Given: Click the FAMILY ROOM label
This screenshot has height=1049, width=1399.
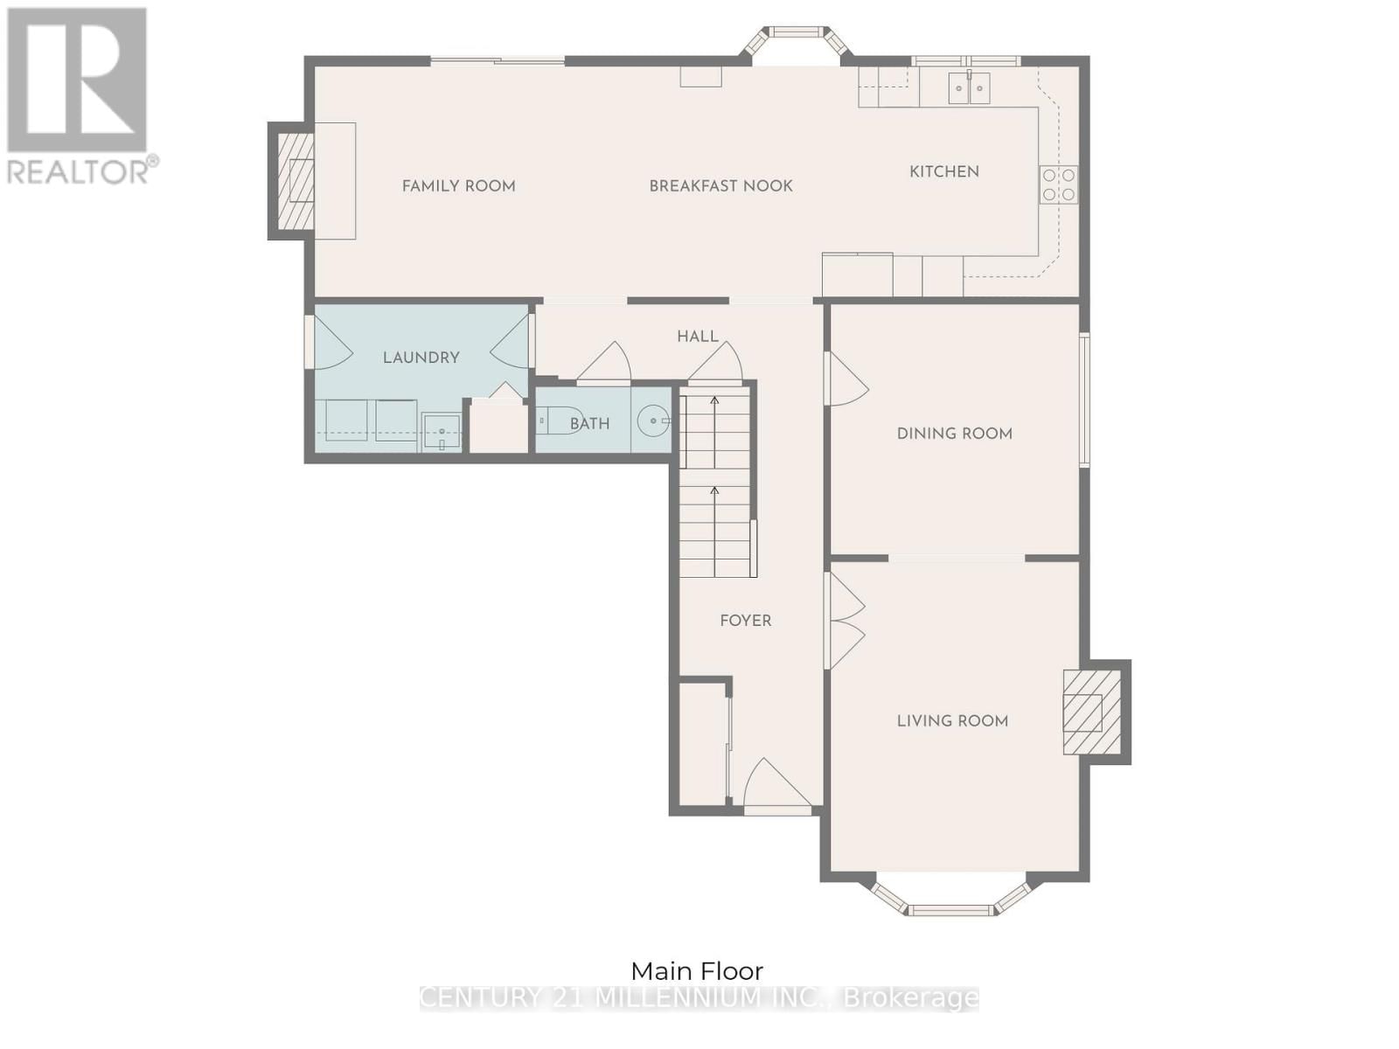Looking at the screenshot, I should coord(458,185).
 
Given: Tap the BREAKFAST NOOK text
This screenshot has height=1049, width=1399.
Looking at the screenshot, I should coord(720,185).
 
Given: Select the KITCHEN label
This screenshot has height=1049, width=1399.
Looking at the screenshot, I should coord(943,171).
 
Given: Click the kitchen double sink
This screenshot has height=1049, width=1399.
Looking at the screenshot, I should coord(969,88).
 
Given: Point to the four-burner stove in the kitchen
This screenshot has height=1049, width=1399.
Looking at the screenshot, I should coord(1058,184).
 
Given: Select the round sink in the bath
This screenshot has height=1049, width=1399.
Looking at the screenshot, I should coord(652,421).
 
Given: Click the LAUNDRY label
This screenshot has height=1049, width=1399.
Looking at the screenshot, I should coord(421,357).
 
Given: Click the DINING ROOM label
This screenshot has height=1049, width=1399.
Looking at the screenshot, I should coord(954,433).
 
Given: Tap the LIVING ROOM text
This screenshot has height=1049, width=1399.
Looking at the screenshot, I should coord(952,720).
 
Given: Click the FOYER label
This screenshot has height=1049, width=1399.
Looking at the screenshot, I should coord(745,620).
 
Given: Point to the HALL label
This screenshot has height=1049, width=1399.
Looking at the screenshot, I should coord(697,336).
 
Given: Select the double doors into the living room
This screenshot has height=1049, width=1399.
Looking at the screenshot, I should coord(845,621).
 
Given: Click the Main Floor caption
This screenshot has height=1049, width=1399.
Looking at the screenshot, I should coord(697,970).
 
